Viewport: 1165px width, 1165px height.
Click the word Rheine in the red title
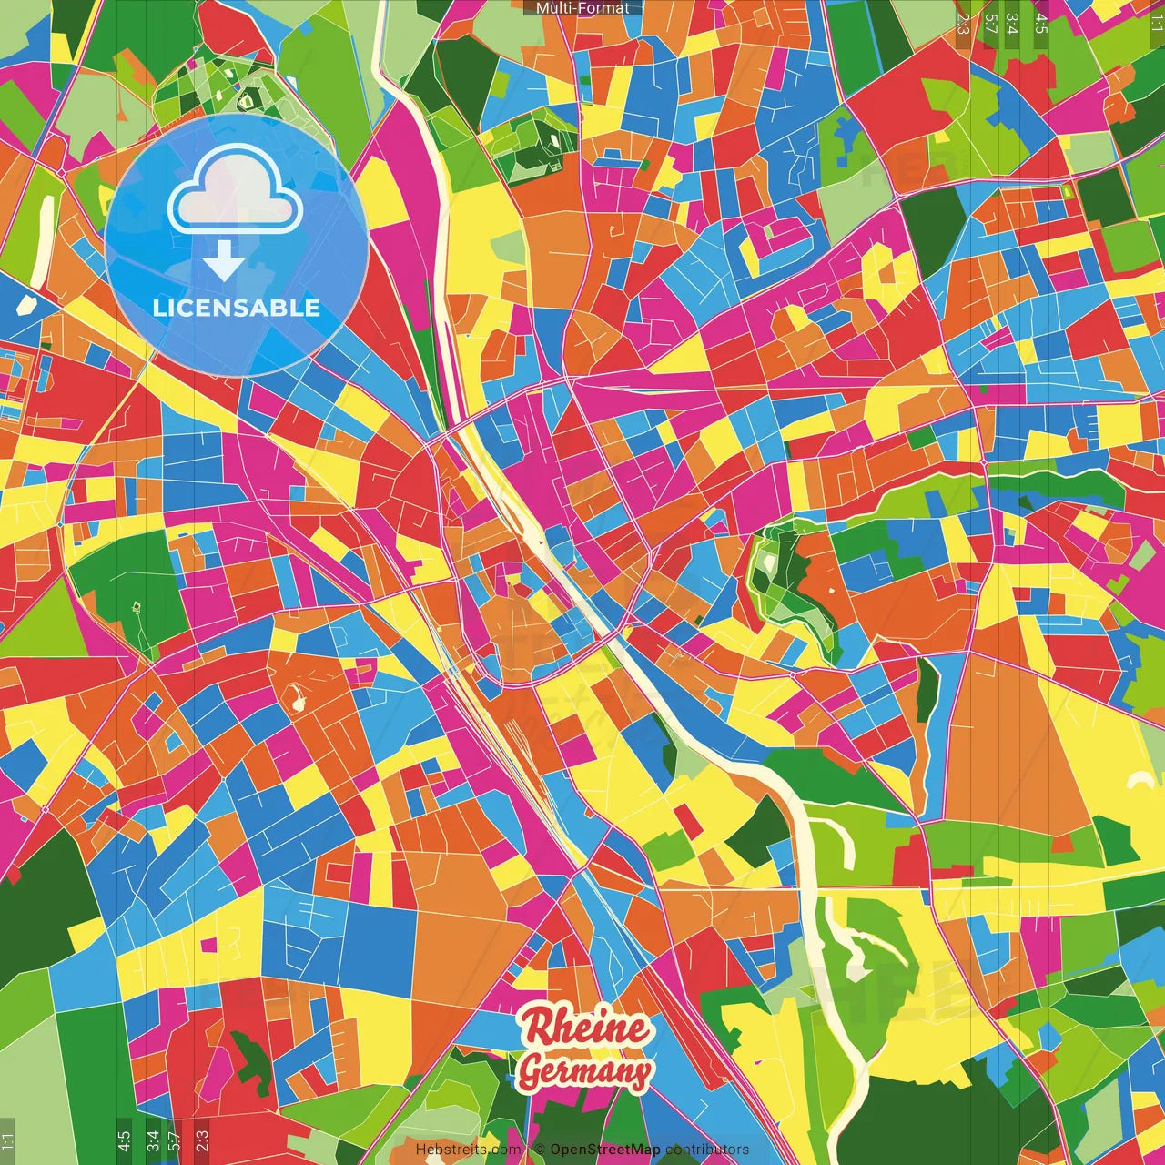[x=584, y=1028]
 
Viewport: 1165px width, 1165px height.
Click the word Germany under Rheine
[x=584, y=1071]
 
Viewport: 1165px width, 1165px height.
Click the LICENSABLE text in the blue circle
[x=237, y=308]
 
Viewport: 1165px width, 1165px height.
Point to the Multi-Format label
[x=582, y=8]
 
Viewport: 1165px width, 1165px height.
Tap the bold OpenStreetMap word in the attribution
[x=604, y=1150]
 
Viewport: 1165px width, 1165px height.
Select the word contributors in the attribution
[x=707, y=1150]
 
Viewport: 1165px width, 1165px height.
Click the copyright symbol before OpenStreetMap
[x=539, y=1150]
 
